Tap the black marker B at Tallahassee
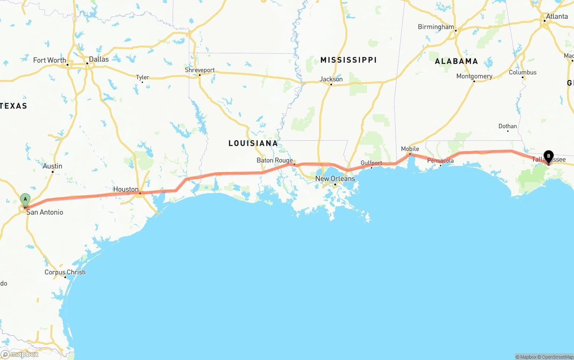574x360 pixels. (548, 156)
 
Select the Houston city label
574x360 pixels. (126, 189)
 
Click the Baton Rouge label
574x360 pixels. (274, 160)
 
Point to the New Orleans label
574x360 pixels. (335, 178)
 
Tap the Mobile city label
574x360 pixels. (410, 148)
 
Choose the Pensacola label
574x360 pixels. (440, 160)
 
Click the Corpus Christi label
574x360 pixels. (65, 272)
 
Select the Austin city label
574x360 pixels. (52, 166)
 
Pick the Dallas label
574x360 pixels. (99, 59)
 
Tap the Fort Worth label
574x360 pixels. (49, 60)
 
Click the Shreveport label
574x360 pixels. (200, 70)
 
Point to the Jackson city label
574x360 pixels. (331, 79)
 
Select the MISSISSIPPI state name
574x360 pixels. (348, 60)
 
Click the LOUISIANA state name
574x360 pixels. (253, 143)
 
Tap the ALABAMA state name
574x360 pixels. (456, 61)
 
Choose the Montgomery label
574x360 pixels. (474, 76)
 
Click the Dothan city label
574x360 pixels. (508, 126)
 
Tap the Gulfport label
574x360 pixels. (371, 163)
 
